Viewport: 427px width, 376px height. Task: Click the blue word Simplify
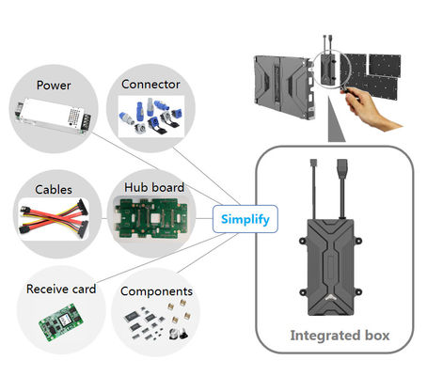(245, 219)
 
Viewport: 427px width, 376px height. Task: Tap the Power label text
(54, 86)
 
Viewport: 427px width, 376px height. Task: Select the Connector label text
(150, 85)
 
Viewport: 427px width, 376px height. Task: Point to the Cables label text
(54, 190)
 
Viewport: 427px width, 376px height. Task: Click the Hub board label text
(154, 187)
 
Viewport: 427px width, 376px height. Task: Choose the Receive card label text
(61, 289)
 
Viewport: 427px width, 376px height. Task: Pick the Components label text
(156, 291)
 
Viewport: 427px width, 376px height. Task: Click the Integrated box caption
(340, 336)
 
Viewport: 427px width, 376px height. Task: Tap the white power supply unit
(53, 117)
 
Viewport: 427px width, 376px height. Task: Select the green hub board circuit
(151, 218)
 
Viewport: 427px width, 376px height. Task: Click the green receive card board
(61, 322)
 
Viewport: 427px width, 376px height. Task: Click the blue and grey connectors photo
(150, 116)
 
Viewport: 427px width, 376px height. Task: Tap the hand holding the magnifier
(370, 108)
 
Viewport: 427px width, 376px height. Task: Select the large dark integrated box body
(331, 267)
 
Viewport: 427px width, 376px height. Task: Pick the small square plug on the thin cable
(313, 164)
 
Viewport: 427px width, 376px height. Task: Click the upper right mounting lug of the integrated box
(357, 242)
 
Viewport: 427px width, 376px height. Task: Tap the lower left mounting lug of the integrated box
(303, 292)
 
